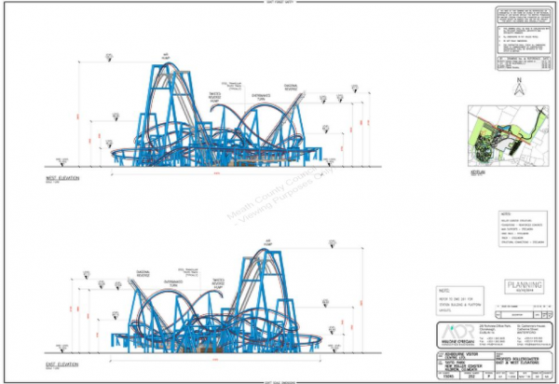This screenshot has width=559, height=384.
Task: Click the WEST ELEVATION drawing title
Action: (x=58, y=177)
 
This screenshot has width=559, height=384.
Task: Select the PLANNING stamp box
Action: (x=517, y=287)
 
